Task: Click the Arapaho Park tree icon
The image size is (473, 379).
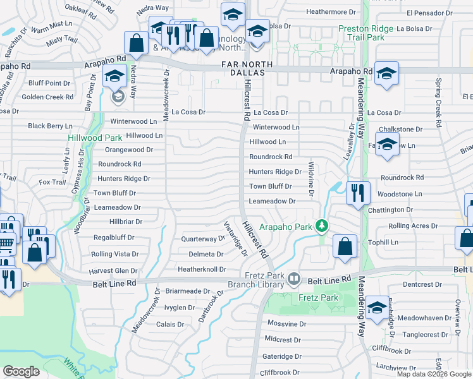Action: point(322,226)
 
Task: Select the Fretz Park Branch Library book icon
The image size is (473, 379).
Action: point(293,279)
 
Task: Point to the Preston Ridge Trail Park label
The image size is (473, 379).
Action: point(371,33)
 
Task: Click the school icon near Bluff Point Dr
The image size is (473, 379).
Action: point(114,77)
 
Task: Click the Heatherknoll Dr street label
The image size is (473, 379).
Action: point(202,269)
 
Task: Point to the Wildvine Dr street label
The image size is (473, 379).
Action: point(311,179)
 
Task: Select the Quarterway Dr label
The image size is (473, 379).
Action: point(203,239)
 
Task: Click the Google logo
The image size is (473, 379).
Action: point(21,371)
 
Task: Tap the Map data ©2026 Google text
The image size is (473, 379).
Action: point(434,374)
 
